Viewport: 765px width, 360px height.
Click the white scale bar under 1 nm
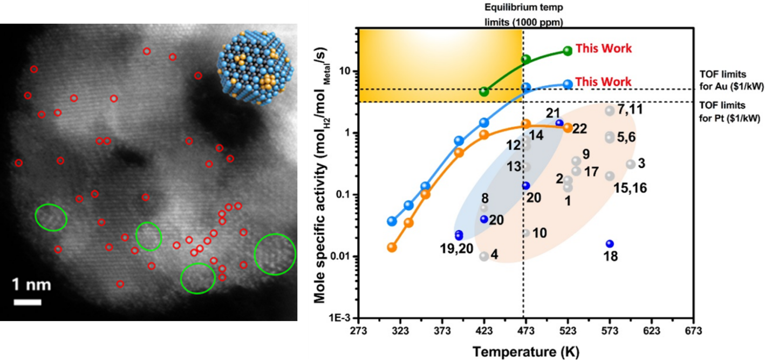28,302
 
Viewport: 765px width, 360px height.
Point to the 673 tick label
693,331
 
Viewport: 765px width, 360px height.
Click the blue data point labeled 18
610,244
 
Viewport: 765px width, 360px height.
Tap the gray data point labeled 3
630,164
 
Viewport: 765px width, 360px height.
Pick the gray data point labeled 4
484,256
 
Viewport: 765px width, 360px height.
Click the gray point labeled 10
526,233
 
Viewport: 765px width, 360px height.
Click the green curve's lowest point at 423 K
484,92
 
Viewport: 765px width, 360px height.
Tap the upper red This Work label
603,49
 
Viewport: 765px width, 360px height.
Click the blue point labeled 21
559,123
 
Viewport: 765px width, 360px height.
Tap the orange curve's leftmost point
392,247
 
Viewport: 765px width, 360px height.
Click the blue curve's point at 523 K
568,84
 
